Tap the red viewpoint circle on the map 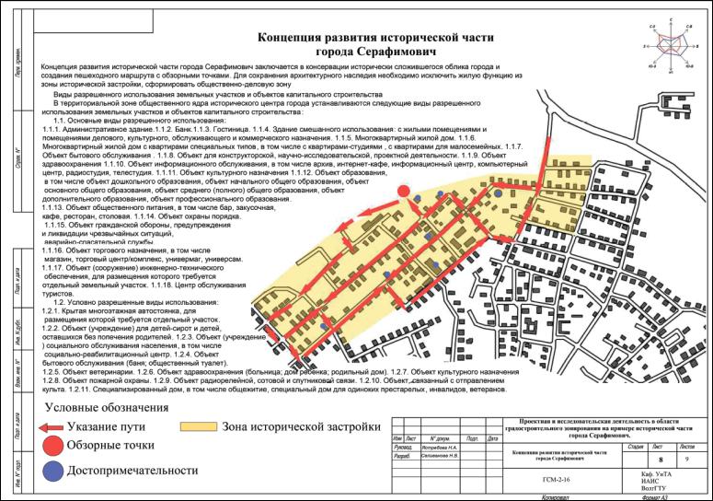coord(403,191)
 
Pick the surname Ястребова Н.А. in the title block coord(443,447)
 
